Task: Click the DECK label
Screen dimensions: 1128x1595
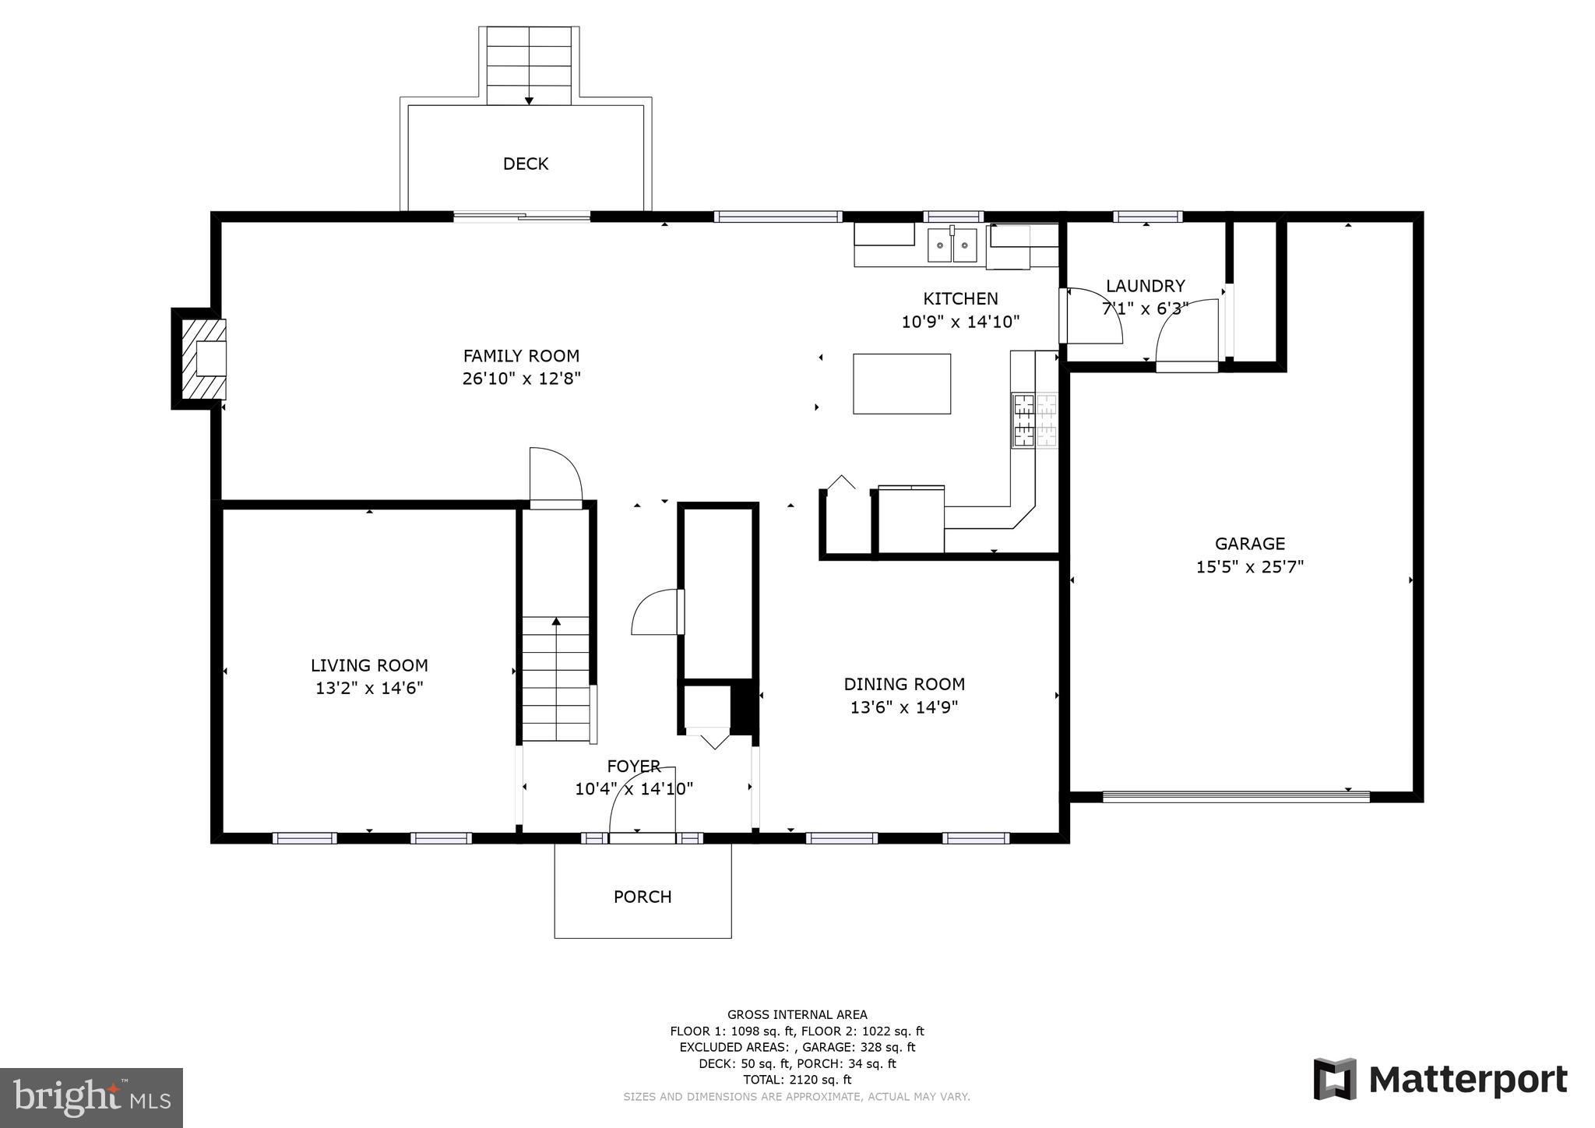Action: [526, 164]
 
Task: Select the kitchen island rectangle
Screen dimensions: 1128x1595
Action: [902, 383]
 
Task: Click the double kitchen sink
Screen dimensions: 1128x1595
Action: [952, 247]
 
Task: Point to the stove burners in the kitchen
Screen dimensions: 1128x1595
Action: [1035, 421]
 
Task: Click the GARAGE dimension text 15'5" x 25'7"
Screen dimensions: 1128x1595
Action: [1249, 566]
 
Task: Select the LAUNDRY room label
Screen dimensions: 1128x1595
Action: [1145, 286]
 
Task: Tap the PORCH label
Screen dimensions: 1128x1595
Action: [643, 897]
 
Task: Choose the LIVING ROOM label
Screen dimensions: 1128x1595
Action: [369, 665]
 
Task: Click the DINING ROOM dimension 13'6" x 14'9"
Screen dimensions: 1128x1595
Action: [903, 707]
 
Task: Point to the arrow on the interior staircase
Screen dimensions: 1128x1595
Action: [556, 622]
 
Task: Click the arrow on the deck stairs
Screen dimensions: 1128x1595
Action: [529, 100]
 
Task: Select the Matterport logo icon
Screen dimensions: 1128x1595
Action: [1335, 1079]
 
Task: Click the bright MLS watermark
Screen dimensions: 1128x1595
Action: [92, 1098]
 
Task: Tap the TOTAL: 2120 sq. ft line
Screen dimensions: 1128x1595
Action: [797, 1080]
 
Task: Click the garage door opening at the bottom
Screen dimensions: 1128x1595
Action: [1236, 796]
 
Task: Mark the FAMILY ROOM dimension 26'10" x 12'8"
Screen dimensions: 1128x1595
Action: [521, 379]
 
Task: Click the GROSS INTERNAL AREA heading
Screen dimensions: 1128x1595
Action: [797, 1014]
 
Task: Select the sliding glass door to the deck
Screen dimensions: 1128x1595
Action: [522, 217]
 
